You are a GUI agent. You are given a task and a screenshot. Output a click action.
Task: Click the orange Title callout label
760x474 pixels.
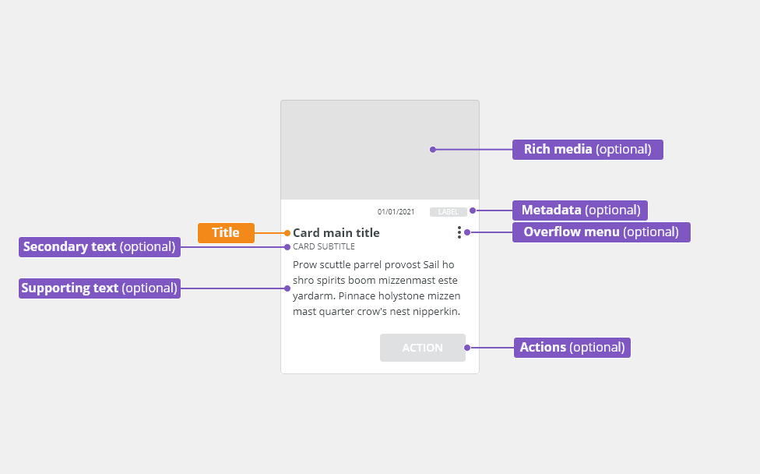(226, 233)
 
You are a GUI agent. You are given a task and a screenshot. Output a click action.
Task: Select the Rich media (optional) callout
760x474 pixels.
(587, 150)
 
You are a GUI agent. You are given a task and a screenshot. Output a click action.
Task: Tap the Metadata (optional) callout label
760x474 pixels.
(579, 210)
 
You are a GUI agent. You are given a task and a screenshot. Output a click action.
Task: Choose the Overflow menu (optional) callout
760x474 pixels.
(601, 232)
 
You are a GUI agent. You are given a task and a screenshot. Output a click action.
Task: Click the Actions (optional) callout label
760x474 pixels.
(572, 348)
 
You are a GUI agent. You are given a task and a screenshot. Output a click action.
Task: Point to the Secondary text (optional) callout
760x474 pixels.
(100, 247)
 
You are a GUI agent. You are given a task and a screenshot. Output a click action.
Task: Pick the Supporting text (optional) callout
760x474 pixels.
(100, 288)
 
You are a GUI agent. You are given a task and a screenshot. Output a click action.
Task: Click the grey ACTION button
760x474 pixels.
(423, 348)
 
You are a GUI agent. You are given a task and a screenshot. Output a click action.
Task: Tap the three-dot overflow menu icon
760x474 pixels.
(459, 232)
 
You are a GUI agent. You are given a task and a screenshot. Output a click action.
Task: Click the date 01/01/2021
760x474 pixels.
(396, 212)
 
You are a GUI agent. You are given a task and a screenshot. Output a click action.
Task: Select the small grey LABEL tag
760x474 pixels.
(449, 212)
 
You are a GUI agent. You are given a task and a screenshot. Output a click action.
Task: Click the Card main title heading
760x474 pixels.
(336, 233)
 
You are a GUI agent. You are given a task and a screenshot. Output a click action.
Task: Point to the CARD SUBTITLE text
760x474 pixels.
(324, 246)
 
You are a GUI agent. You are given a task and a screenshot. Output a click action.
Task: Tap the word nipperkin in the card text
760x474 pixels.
(436, 312)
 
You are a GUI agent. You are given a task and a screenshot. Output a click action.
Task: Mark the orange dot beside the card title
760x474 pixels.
(287, 233)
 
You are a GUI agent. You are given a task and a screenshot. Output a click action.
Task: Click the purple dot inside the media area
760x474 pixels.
(433, 150)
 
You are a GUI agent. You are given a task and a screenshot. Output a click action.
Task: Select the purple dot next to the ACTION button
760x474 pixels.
(467, 348)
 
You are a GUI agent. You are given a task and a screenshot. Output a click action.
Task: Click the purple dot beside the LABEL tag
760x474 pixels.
(473, 210)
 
